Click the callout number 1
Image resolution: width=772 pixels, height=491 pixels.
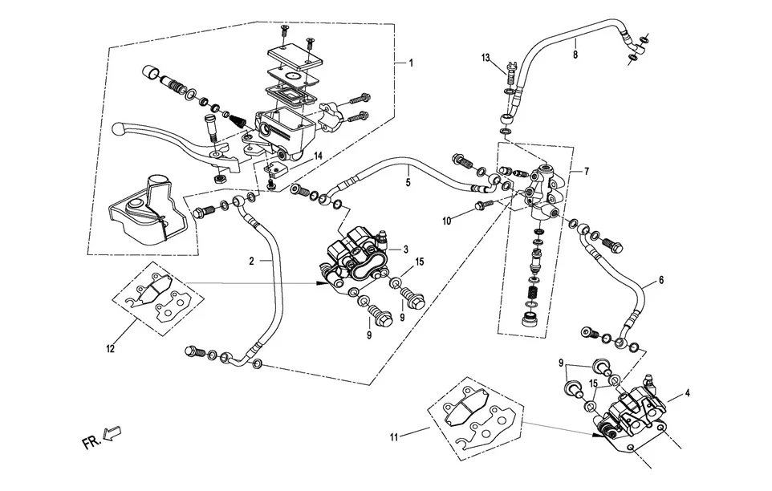[x=411, y=63]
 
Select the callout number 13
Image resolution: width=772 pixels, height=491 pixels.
[x=486, y=58]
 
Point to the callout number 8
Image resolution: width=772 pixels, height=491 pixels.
[x=575, y=55]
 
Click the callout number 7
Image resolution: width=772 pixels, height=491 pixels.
[x=587, y=172]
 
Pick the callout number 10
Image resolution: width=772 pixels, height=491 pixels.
[x=446, y=221]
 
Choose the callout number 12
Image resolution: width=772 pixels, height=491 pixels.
[x=110, y=348]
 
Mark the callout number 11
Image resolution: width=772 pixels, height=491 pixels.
[x=393, y=437]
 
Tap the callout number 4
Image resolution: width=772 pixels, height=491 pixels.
[x=687, y=393]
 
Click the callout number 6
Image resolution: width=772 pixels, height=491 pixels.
[x=661, y=281]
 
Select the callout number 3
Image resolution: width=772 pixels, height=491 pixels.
[x=406, y=250]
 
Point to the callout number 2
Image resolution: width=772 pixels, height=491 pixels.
[x=252, y=262]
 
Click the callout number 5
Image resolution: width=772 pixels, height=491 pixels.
[x=408, y=183]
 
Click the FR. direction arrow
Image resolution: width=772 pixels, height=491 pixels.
[x=112, y=433]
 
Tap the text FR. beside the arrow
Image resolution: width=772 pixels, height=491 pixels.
[x=91, y=443]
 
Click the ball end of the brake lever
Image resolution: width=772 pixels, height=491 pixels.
[x=116, y=129]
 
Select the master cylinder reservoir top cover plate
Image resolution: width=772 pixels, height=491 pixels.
[x=295, y=56]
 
